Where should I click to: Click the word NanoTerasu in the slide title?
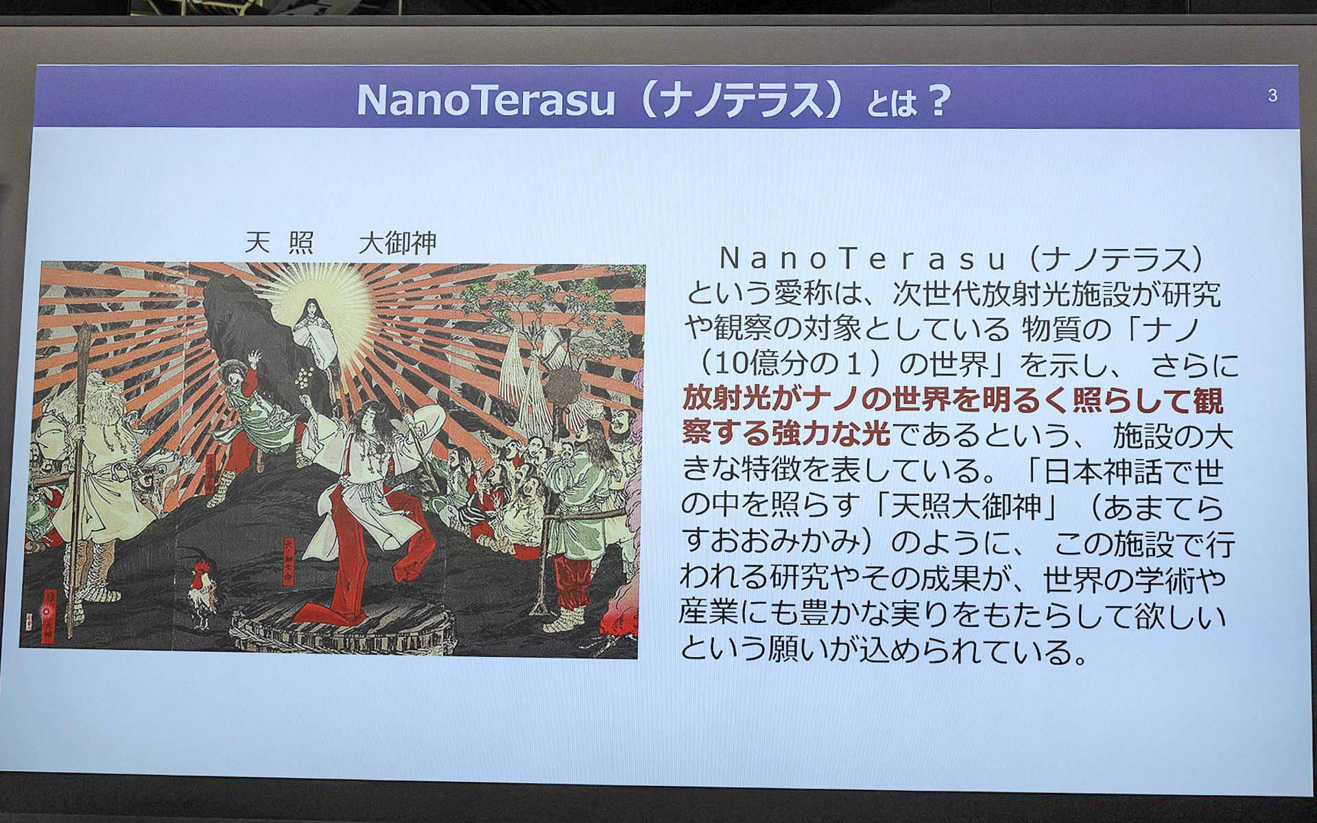(x=486, y=101)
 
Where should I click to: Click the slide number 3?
(x=1272, y=96)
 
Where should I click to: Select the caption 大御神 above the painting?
(x=397, y=243)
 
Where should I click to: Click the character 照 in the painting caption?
(x=301, y=243)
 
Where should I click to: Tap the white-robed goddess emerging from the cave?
(x=312, y=336)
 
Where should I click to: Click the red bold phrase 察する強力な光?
(x=786, y=435)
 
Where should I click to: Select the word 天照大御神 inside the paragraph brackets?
(x=965, y=507)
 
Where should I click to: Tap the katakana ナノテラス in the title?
(x=737, y=101)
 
